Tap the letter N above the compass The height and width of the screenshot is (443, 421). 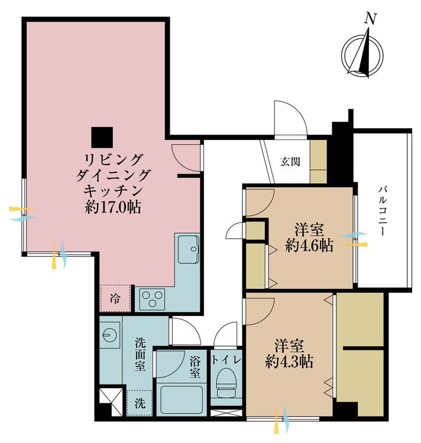coord(371,18)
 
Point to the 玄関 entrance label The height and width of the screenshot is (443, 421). coord(290,160)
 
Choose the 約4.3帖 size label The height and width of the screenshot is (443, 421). coord(289,361)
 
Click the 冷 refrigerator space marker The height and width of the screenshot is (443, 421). coord(115,299)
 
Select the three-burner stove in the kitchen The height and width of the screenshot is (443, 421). coord(153,299)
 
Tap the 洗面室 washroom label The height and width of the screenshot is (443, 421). coord(141,353)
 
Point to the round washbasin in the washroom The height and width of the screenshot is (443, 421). coord(109,334)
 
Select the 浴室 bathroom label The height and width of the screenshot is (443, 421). coord(195,366)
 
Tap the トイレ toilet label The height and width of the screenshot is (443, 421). coord(227,359)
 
